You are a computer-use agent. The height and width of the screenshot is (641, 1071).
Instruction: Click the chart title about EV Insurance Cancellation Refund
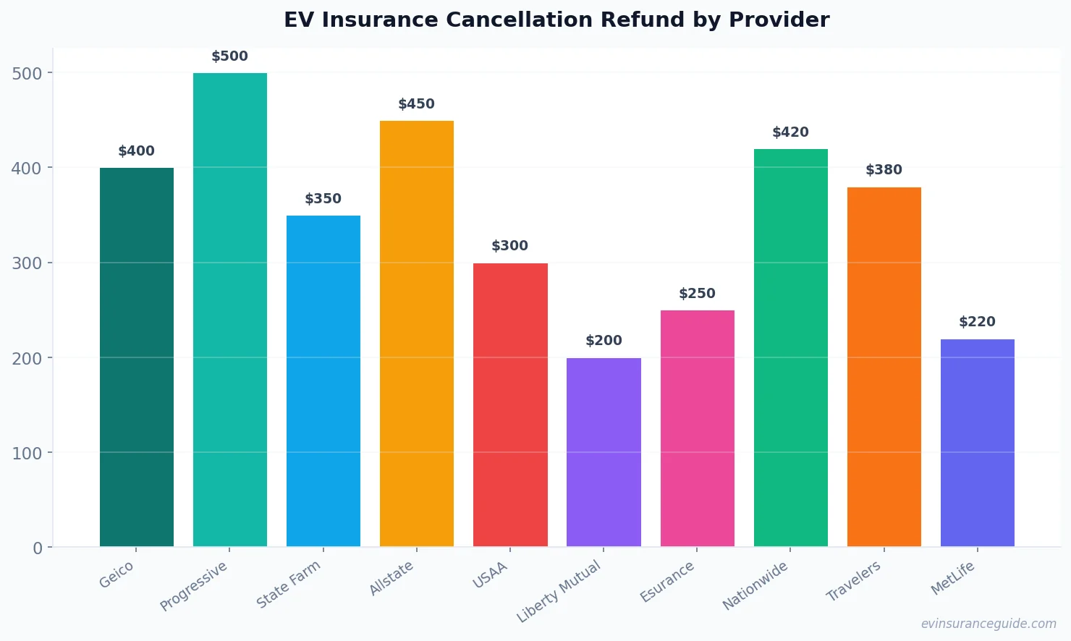click(556, 20)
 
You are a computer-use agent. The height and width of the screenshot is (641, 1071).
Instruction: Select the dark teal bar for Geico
click(137, 357)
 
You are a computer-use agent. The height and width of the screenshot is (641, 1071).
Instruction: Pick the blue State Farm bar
click(323, 381)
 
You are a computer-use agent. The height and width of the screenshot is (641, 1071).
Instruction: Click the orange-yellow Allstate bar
click(417, 334)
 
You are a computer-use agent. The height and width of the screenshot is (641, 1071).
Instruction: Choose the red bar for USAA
click(510, 405)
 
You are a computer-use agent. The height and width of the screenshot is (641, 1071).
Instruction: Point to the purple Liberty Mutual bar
click(604, 452)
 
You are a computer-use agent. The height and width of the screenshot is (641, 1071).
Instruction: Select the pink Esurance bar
click(697, 428)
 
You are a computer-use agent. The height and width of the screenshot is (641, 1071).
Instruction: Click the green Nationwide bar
click(790, 348)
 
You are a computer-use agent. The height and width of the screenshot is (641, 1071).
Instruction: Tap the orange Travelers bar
click(884, 367)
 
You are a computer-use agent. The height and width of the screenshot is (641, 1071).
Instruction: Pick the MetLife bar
click(977, 443)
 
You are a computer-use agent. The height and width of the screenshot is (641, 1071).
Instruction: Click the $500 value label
click(229, 56)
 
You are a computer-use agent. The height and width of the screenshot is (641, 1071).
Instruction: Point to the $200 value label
click(604, 341)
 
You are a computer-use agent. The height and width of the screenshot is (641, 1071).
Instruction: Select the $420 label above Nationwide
click(790, 132)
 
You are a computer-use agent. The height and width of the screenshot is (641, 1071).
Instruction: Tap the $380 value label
click(884, 170)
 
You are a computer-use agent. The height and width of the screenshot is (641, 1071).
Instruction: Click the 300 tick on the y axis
click(27, 263)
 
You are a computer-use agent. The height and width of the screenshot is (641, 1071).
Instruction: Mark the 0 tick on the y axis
click(38, 548)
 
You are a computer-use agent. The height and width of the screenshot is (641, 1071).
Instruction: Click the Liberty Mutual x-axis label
click(559, 591)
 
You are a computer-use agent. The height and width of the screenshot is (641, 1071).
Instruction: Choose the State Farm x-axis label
click(289, 585)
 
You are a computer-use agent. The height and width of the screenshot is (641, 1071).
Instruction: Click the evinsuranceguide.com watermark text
click(989, 624)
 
